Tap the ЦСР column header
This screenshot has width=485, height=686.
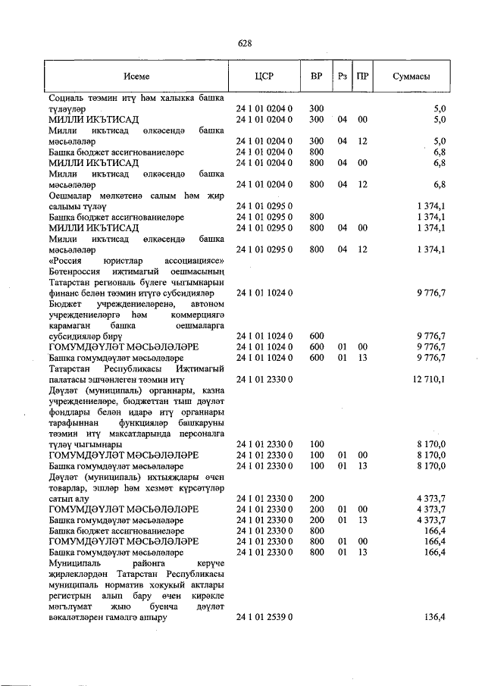tap(264, 77)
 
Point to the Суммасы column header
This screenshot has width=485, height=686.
tap(412, 77)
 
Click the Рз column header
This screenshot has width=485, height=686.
tap(343, 77)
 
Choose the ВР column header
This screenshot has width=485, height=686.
tap(317, 77)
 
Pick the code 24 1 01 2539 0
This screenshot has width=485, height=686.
tap(264, 618)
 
